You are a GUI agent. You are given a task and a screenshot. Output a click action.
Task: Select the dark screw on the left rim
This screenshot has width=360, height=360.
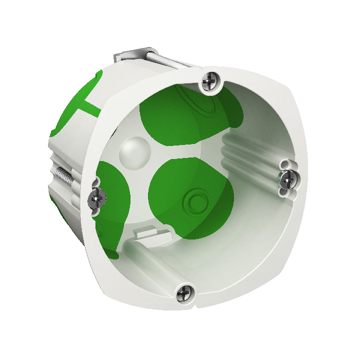click(x=97, y=198)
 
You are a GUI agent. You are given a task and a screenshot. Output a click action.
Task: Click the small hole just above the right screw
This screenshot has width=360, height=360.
click(x=286, y=164)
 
